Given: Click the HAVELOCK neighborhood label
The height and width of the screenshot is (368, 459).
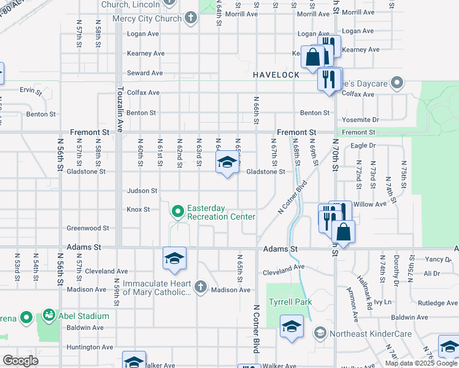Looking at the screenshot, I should click(x=276, y=75).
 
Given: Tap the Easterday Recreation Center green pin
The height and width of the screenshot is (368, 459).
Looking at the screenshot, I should click(x=178, y=212).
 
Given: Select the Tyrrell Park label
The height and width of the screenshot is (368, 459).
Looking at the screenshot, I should click(x=290, y=302).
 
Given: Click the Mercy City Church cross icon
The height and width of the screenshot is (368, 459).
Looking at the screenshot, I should click(x=191, y=18).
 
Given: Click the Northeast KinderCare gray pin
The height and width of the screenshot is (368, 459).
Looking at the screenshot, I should click(x=319, y=334).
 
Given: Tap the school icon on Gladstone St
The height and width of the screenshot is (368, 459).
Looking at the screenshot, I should click(x=226, y=163).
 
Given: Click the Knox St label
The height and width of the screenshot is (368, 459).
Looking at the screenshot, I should click(x=138, y=210).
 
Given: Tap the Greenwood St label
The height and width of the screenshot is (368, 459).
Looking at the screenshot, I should click(x=88, y=228).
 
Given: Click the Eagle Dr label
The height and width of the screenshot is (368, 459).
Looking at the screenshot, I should click(x=363, y=146).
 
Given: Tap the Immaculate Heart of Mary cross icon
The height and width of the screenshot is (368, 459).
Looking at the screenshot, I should click(x=200, y=286).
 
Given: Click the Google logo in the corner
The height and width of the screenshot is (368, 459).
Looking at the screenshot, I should click(x=20, y=361).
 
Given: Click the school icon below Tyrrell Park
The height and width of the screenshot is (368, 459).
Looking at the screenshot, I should click(x=291, y=326).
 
